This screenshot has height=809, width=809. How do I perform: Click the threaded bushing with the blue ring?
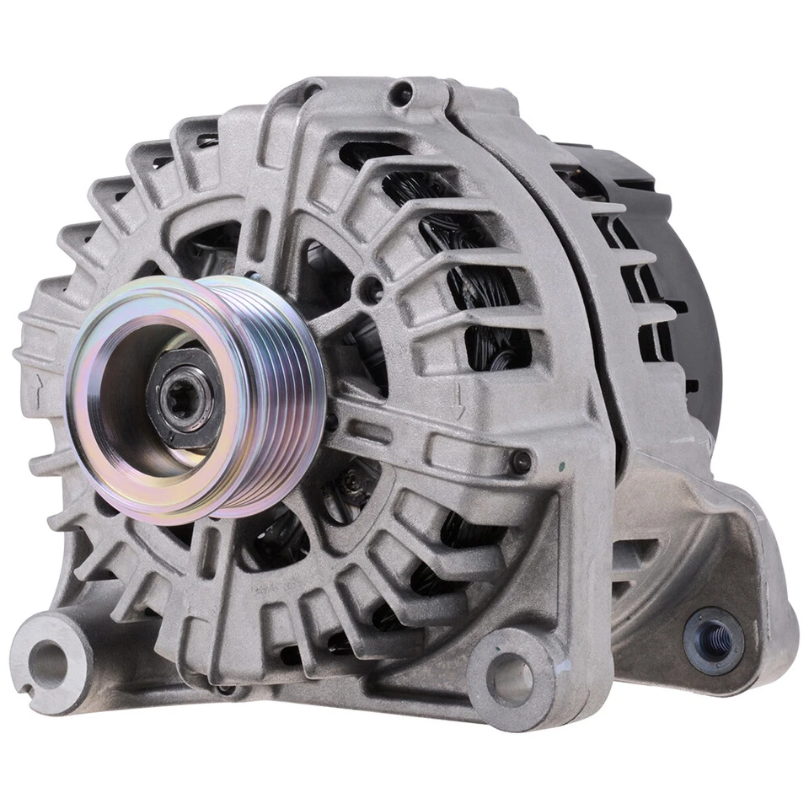pyautogui.click(x=711, y=640)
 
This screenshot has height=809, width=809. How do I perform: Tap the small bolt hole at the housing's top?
pyautogui.click(x=402, y=94)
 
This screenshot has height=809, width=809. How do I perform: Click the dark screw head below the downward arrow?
pyautogui.click(x=520, y=461)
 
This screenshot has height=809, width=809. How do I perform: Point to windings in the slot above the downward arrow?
pyautogui.click(x=497, y=346)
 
